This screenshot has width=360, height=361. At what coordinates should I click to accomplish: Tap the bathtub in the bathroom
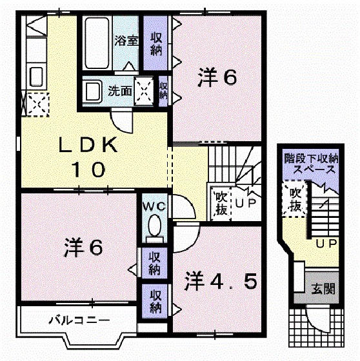pyautogui.click(x=97, y=43)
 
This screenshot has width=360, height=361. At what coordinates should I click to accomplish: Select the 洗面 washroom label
pyautogui.click(x=120, y=91)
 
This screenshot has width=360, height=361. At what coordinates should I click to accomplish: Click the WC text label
pyautogui.click(x=155, y=206)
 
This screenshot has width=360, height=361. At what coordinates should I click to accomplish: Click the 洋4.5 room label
pyautogui.click(x=222, y=281)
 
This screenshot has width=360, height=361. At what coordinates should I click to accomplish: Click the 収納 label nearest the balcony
pyautogui.click(x=155, y=299)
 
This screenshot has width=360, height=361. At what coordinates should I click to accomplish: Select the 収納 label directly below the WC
pyautogui.click(x=155, y=262)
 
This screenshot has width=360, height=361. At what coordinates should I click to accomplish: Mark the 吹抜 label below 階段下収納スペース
pyautogui.click(x=295, y=199)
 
